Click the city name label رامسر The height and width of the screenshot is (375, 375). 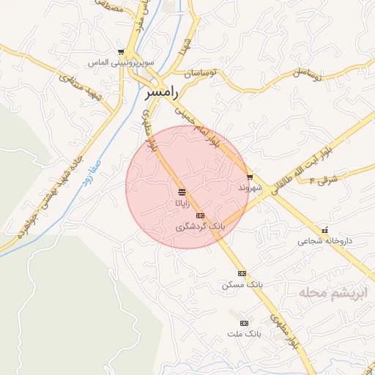pos(161,94)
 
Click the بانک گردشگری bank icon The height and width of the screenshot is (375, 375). pos(201,215)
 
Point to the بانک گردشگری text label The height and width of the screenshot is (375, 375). pos(200,227)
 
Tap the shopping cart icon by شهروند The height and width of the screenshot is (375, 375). pos(250,177)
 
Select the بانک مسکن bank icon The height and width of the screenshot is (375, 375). pos(242,272)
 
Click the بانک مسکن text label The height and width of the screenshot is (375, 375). pos(242,283)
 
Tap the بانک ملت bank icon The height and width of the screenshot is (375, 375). pos(244,323)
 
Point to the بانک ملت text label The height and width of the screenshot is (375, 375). pos(243,334)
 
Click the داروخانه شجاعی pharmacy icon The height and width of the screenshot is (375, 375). pos(324,230)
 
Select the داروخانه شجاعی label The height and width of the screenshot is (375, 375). pos(324,241)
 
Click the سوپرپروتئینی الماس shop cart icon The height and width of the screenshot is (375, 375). pos(121,52)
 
